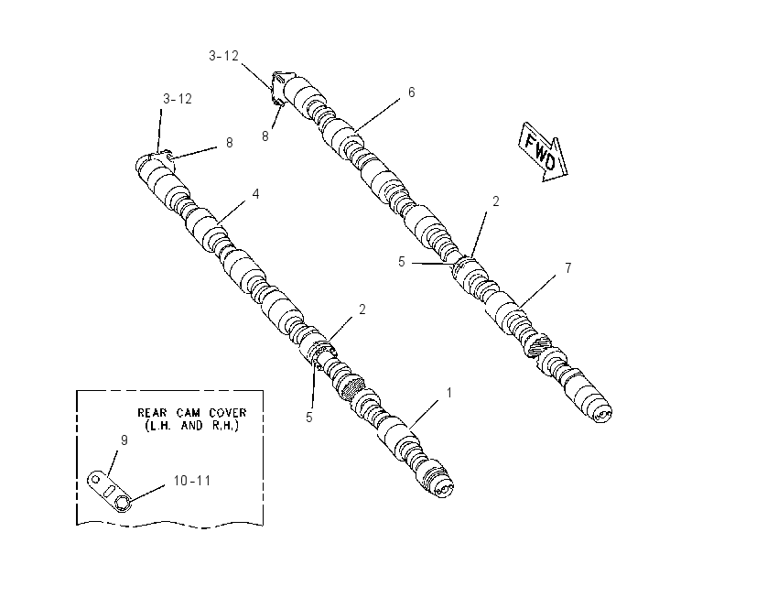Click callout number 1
pos(449,393)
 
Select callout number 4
pos(255,193)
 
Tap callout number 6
pos(411,92)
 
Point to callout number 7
pos(568,268)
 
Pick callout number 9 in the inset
pos(124,440)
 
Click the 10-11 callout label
pos(192,481)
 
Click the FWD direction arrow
pos(543,152)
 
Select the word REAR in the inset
pos(150,412)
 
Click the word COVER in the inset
pos(228,412)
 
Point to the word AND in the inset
pos(191,426)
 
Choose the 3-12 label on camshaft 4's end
pos(178,99)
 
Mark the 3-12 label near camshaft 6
pos(223,56)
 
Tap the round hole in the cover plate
pos(96,480)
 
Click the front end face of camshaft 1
pos(444,489)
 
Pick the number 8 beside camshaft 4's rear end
pos(229,143)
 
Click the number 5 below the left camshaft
pos(309,418)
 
